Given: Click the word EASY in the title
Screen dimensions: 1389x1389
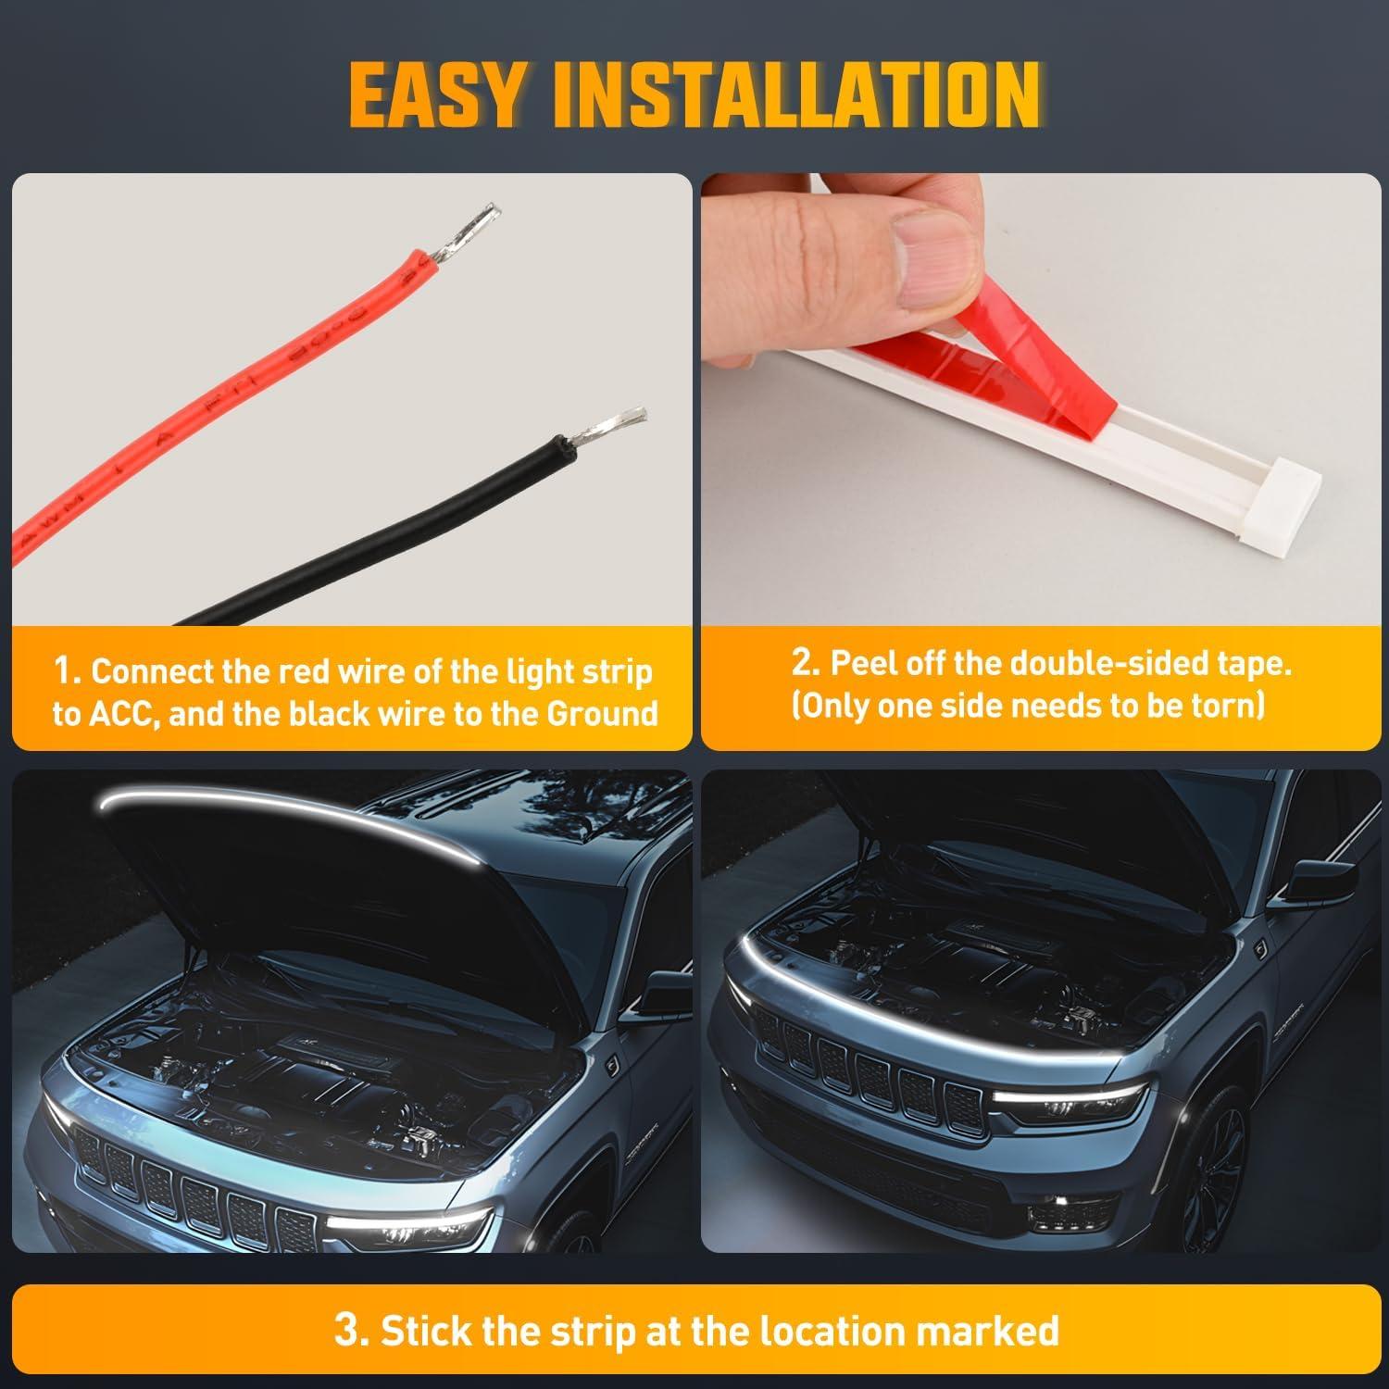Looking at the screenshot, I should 432,95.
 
